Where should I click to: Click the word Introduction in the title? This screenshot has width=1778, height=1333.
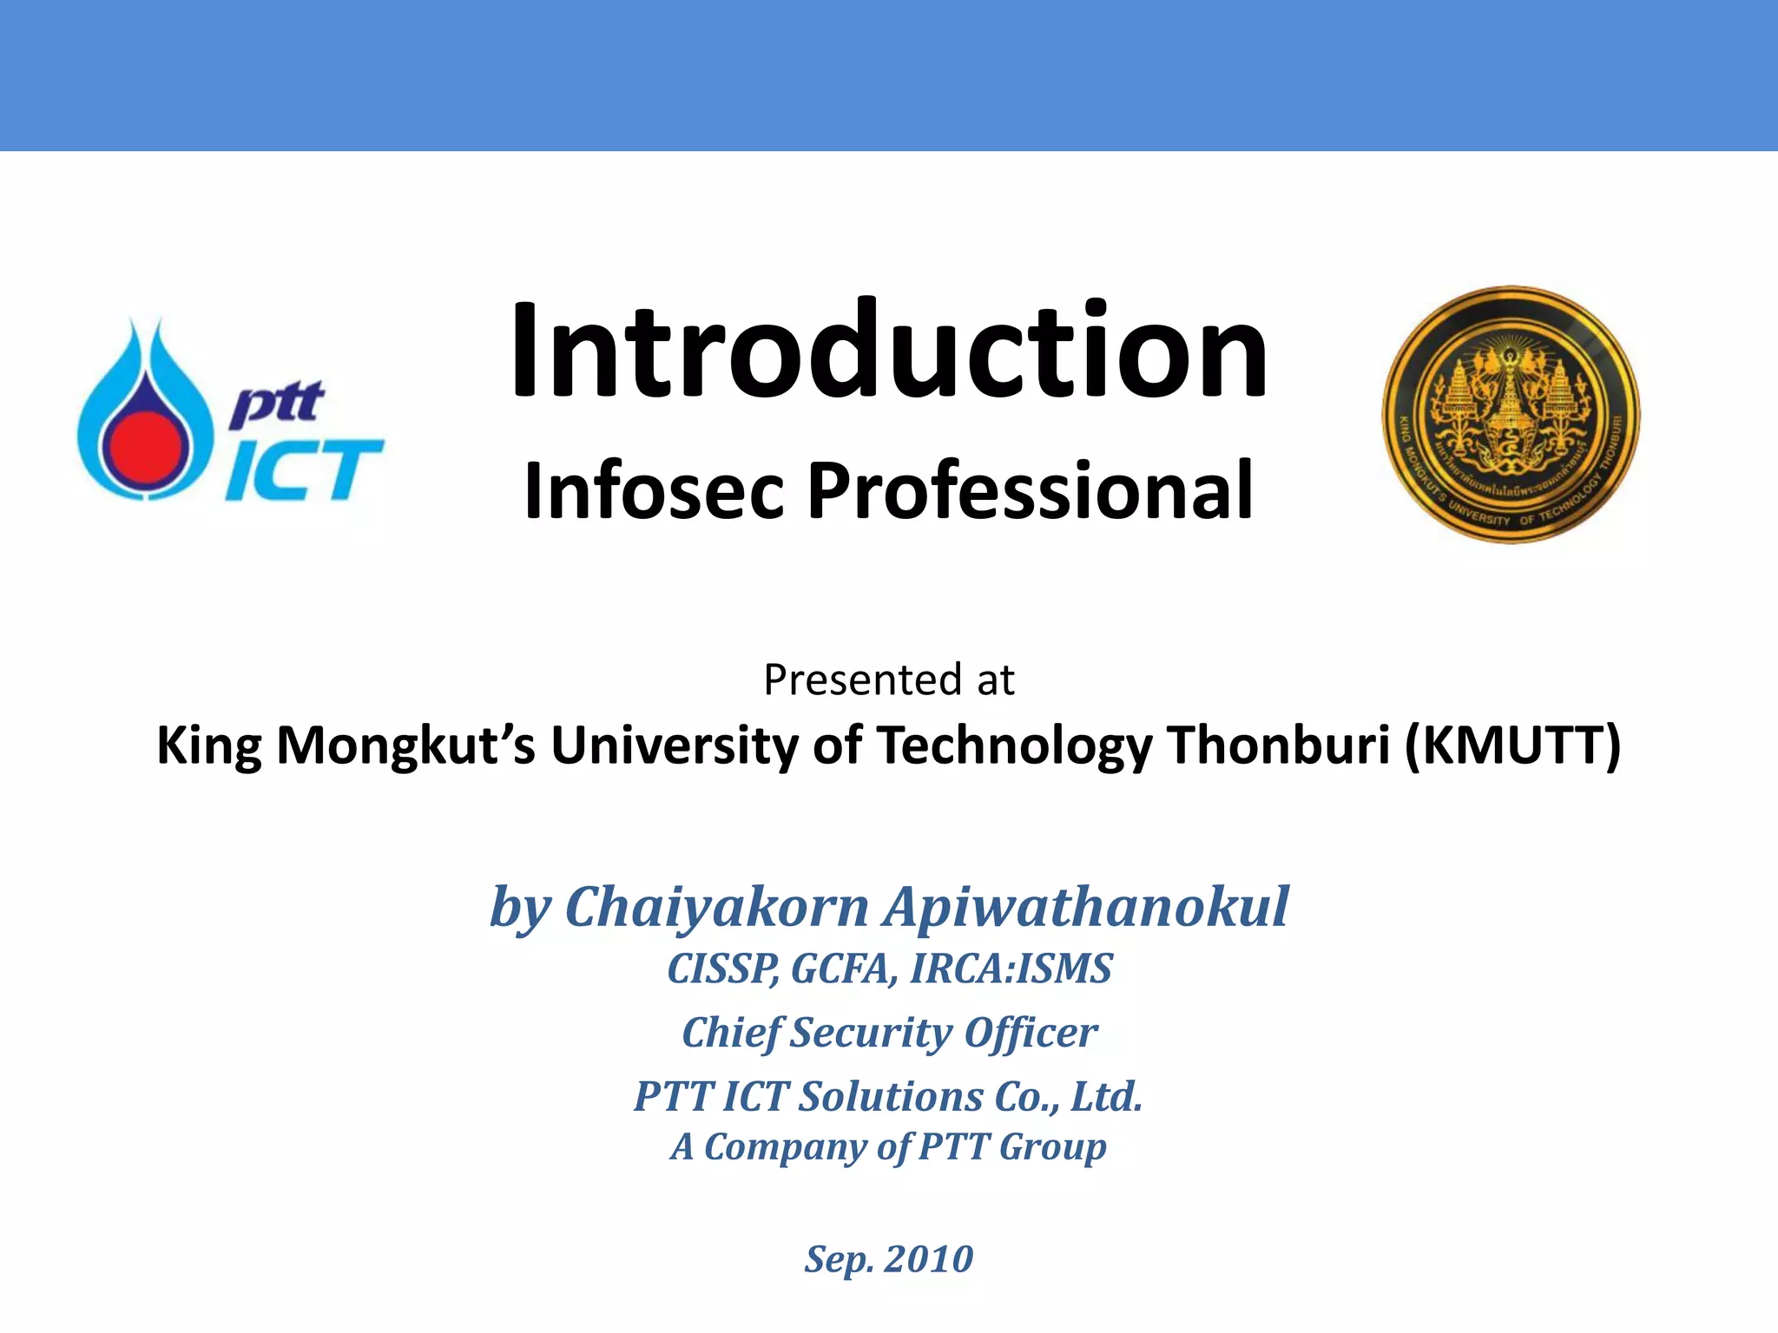(x=889, y=351)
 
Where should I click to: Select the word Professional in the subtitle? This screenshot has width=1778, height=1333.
(x=1031, y=491)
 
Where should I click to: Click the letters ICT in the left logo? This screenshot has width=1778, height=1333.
(x=304, y=471)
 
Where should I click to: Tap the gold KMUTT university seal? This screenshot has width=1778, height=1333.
(x=1511, y=415)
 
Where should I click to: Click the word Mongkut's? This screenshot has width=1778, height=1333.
(x=406, y=745)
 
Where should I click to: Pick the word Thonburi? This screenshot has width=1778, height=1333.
(x=1279, y=745)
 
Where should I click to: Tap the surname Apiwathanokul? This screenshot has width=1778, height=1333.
(x=1086, y=907)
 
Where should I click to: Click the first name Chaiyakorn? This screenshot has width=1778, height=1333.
(x=716, y=907)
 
